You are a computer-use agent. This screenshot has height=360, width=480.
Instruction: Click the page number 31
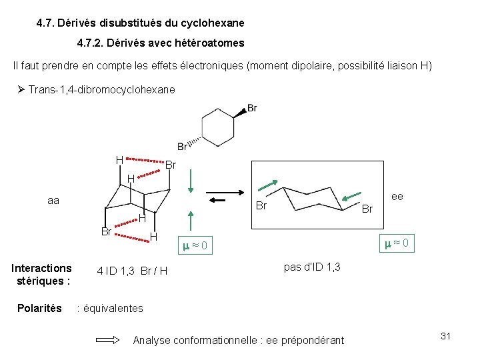[x=446, y=336]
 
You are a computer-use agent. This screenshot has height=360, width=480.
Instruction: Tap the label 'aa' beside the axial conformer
[x=53, y=199]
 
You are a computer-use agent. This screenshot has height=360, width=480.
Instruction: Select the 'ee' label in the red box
[x=397, y=196]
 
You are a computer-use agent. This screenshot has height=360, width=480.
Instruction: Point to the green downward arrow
[x=191, y=181]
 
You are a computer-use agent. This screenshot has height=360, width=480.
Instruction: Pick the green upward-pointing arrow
[x=191, y=223]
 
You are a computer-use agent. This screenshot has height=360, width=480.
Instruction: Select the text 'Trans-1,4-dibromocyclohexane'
[x=102, y=89]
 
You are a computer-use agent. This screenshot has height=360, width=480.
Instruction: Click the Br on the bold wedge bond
[x=252, y=108]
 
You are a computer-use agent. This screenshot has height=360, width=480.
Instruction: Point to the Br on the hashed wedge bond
[x=183, y=147]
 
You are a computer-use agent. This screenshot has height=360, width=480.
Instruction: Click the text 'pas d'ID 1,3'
[x=312, y=267]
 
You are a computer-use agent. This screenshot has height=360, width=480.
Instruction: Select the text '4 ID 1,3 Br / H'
[x=132, y=270]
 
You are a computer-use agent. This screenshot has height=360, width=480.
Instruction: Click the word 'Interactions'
[x=42, y=268]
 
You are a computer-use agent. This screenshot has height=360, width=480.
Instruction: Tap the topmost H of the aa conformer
[x=119, y=160]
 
